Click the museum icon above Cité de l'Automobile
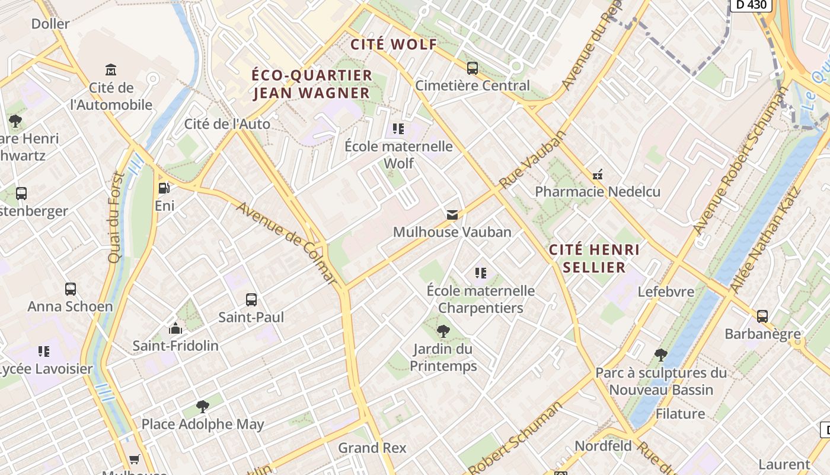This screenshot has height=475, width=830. (111, 70)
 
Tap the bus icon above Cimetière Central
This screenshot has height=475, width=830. (473, 68)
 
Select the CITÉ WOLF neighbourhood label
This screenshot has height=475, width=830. (394, 45)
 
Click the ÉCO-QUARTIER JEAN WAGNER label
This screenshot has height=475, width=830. (312, 84)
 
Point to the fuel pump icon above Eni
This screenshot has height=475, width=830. (164, 188)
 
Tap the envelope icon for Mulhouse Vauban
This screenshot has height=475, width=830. (452, 214)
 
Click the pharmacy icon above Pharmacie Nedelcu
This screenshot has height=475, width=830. (598, 175)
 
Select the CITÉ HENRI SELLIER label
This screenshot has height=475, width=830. (594, 258)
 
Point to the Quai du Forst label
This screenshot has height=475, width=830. (116, 217)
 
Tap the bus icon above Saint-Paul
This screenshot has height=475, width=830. (251, 300)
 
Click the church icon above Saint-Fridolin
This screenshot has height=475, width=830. (175, 328)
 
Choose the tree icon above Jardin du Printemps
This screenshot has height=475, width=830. (443, 331)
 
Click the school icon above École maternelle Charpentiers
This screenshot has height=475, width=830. (481, 273)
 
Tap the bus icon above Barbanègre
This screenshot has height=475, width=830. (762, 316)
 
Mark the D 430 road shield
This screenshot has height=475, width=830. (751, 5)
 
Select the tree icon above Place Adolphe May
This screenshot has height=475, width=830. (203, 407)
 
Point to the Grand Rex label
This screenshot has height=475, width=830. (372, 448)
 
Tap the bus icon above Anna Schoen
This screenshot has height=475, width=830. (71, 289)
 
